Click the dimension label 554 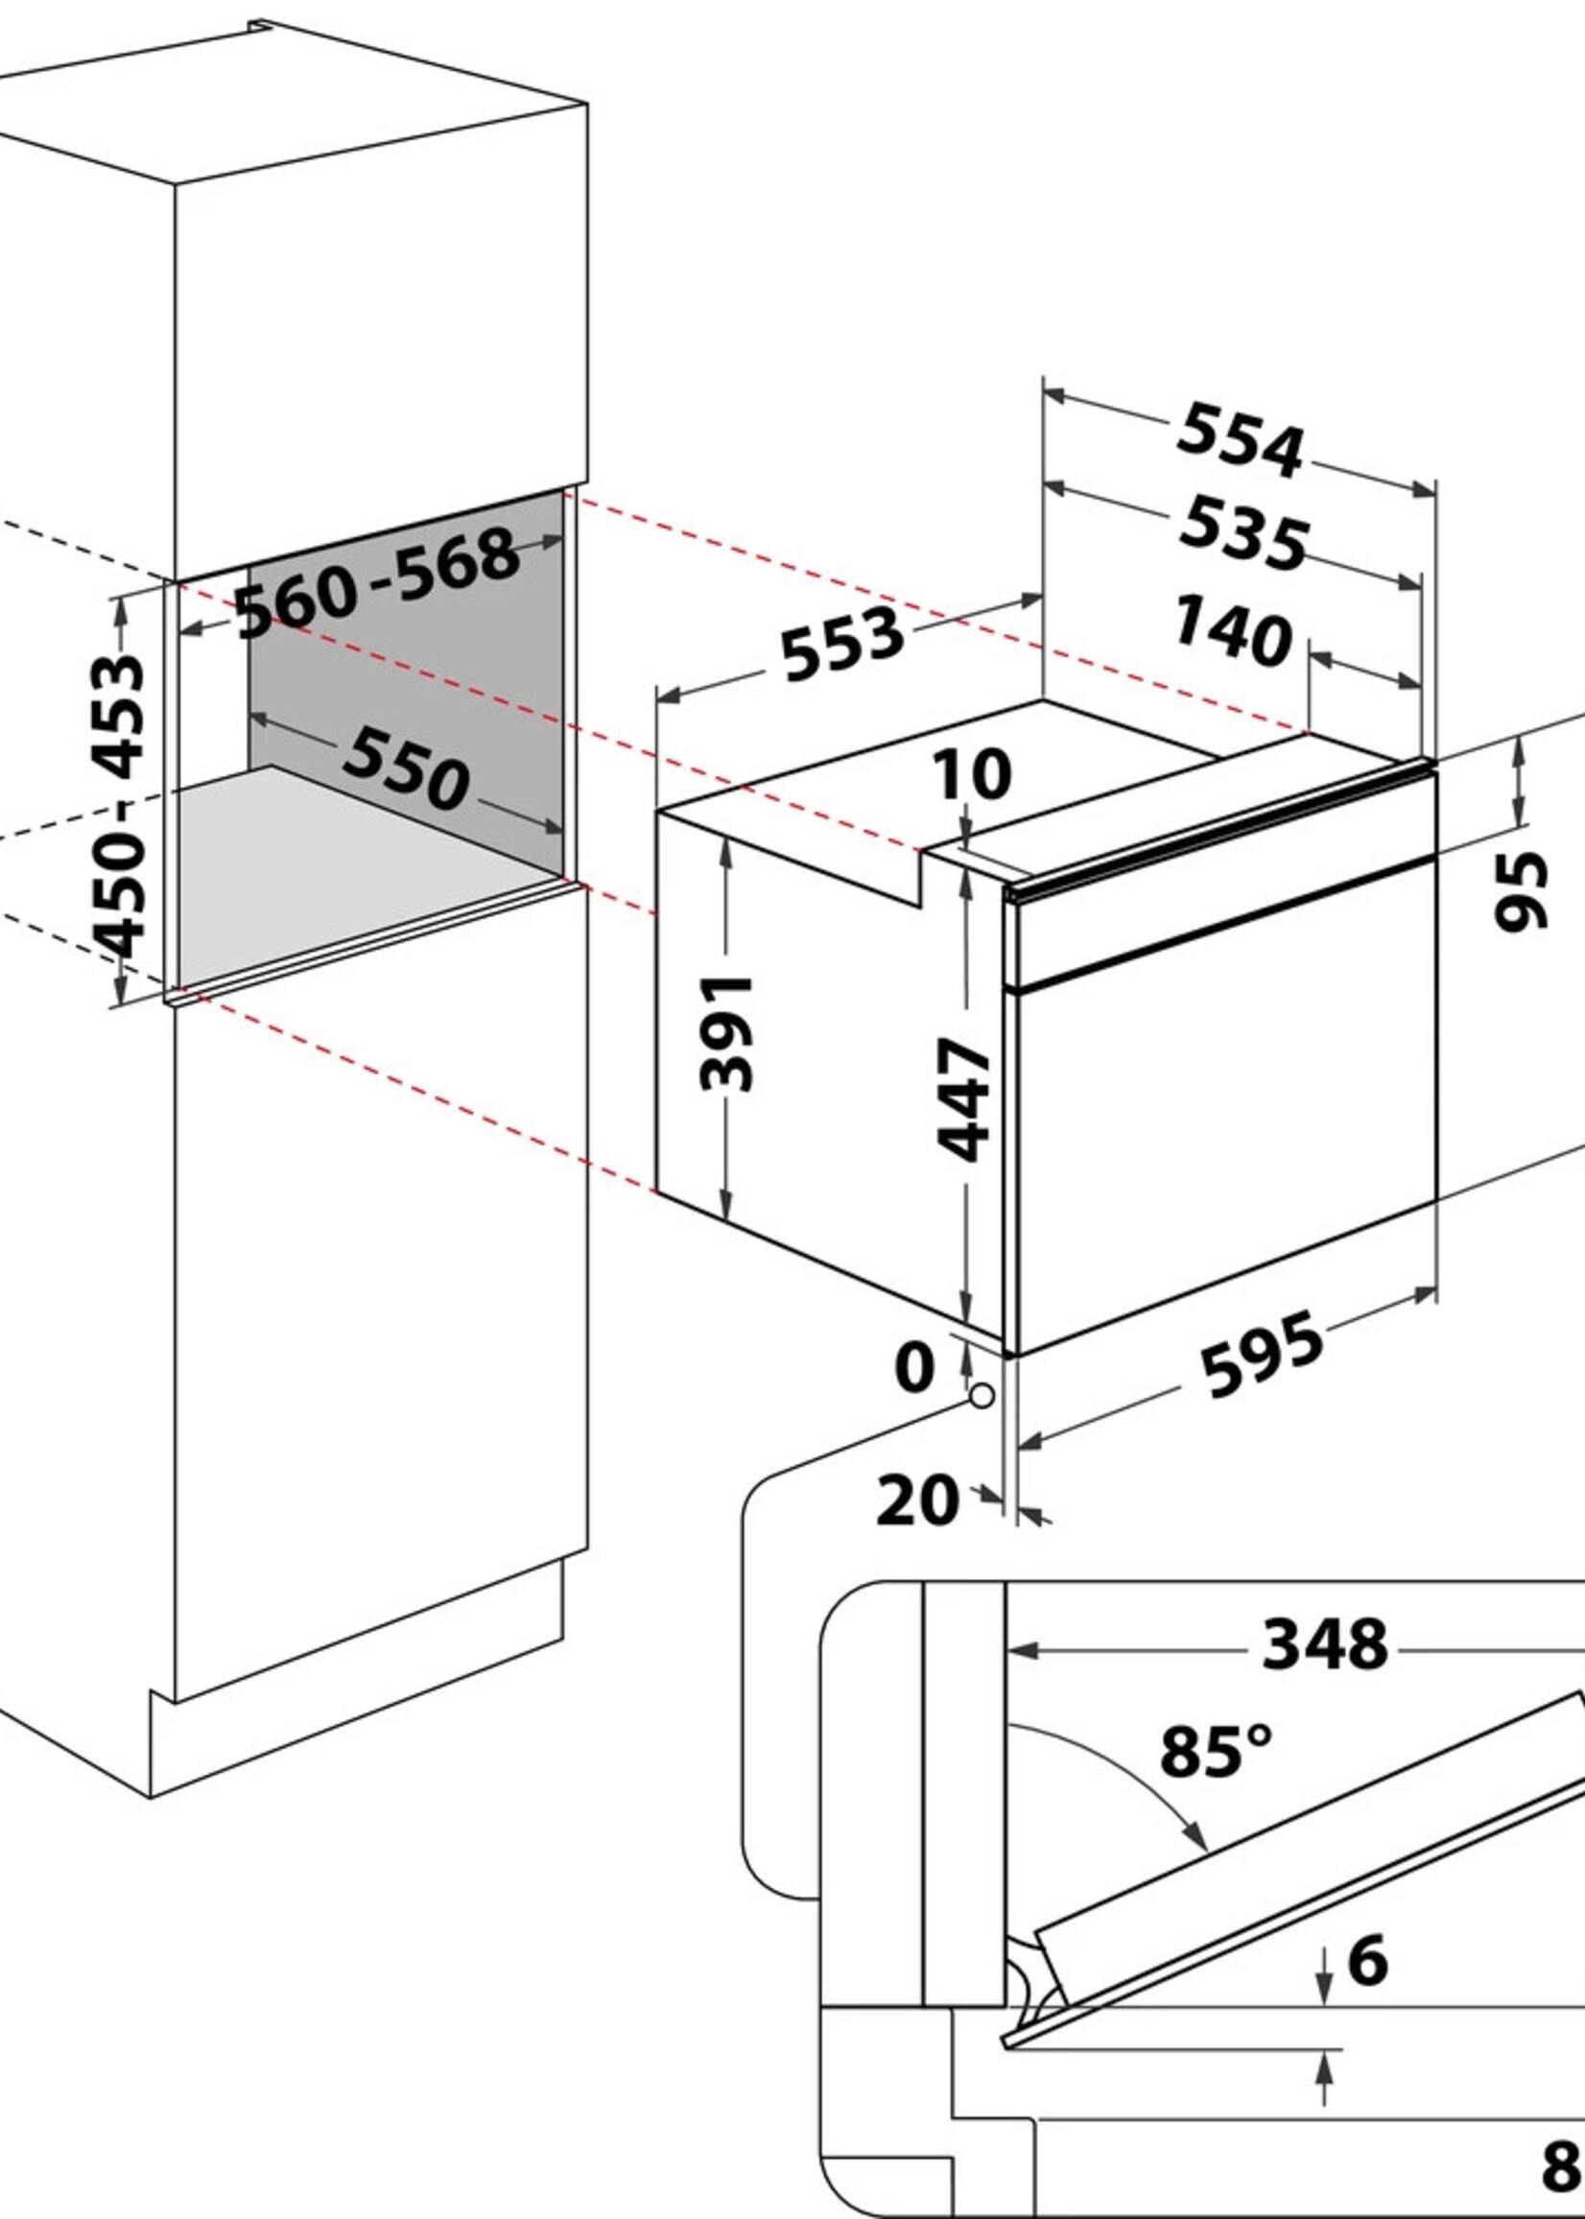pyautogui.click(x=1240, y=442)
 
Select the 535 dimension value pyautogui.click(x=1242, y=533)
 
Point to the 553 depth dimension pyautogui.click(x=843, y=643)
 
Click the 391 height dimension pyautogui.click(x=727, y=1031)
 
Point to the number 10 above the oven pyautogui.click(x=972, y=775)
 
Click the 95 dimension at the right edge pyautogui.click(x=1521, y=890)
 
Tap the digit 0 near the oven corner pyautogui.click(x=913, y=1367)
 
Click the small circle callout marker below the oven pyautogui.click(x=982, y=1397)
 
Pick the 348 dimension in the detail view pyautogui.click(x=1324, y=1644)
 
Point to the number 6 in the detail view pyautogui.click(x=1367, y=1960)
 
